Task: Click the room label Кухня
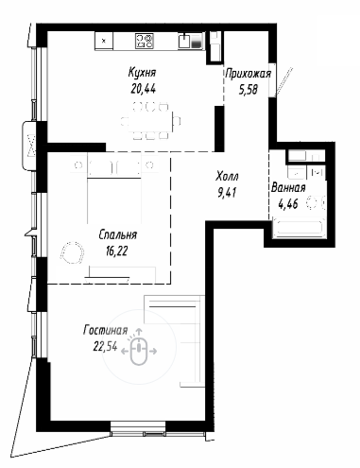click(142, 73)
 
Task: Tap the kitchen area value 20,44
click(144, 89)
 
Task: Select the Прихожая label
click(249, 74)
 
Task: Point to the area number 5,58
click(249, 90)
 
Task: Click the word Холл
click(227, 176)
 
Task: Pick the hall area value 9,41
click(227, 192)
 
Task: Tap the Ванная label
click(288, 188)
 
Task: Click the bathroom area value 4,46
click(288, 204)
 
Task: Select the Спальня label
click(118, 234)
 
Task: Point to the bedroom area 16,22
click(117, 251)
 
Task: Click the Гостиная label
click(106, 330)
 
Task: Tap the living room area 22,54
click(105, 347)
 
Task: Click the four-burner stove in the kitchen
click(145, 41)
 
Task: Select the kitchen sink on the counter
click(184, 41)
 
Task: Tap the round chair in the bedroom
click(73, 252)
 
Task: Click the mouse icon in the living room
click(139, 351)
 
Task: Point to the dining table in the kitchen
click(150, 121)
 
